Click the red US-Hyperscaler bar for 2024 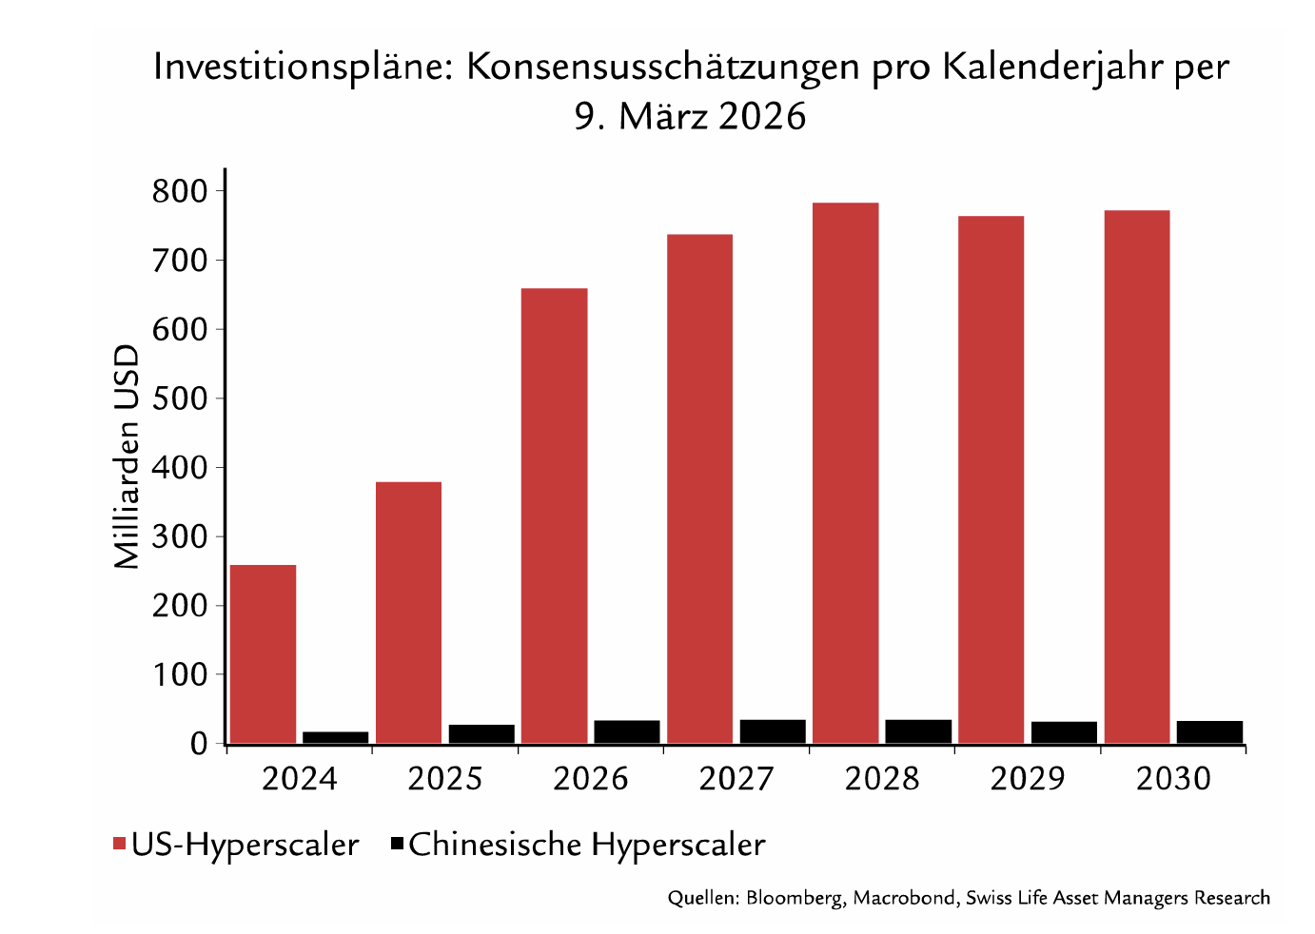coord(263,654)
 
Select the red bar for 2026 coord(554,516)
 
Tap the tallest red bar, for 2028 coord(845,474)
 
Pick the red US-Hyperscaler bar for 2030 coord(1137,477)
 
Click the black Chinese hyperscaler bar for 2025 coord(481,734)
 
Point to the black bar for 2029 coord(1064,732)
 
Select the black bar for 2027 coord(773,731)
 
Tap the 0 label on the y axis coord(200,744)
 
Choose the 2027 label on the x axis coord(736,779)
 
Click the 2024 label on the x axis coord(300,779)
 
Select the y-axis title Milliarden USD coord(127,457)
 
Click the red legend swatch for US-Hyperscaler coord(120,844)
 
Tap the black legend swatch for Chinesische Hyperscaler coord(398,844)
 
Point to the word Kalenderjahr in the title coord(1052,68)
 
